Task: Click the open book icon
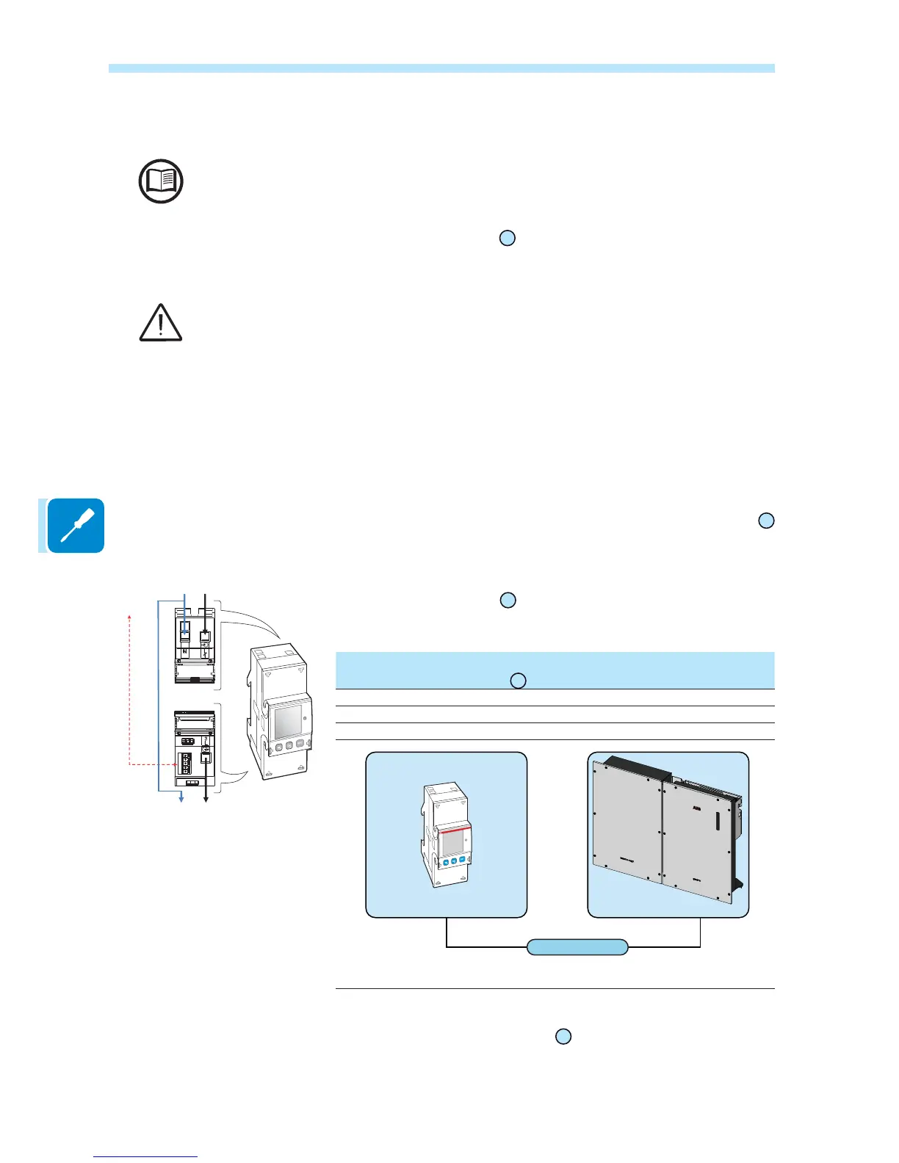point(161,181)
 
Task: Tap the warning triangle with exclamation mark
point(161,323)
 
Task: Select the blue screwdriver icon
point(76,526)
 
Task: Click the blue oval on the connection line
point(577,947)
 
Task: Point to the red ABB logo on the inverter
point(697,808)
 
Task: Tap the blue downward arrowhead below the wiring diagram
point(182,799)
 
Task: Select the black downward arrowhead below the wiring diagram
point(206,799)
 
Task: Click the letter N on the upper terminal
point(185,652)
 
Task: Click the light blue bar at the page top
point(441,68)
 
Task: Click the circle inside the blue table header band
point(518,681)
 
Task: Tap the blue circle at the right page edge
point(766,521)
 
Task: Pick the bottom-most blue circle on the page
point(563,1037)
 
